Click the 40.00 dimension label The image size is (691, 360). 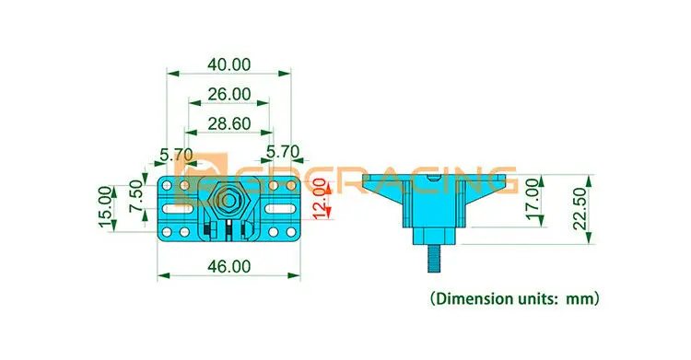228,64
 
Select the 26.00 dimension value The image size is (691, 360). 228,94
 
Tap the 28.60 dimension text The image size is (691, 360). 228,123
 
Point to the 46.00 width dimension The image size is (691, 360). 228,267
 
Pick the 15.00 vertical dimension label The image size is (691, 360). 105,206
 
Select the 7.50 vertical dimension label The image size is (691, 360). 136,196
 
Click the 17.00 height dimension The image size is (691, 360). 533,198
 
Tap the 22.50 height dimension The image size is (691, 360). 580,209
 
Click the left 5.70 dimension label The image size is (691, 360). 176,155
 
